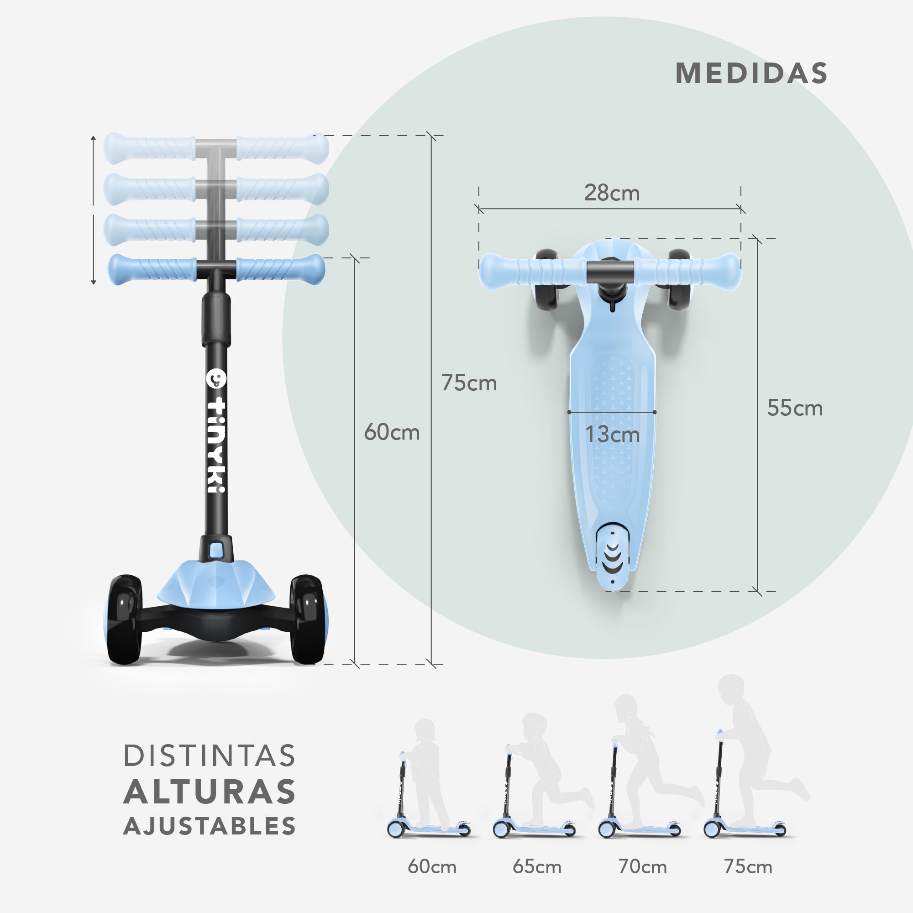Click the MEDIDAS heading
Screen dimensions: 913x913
(x=751, y=73)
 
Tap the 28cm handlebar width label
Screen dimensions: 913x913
(x=612, y=193)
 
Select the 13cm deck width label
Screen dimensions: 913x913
(x=613, y=434)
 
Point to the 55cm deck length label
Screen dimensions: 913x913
(x=795, y=408)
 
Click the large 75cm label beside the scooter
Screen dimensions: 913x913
(x=469, y=383)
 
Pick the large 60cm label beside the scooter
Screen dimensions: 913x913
(x=392, y=432)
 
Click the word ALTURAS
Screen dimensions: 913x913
(x=210, y=792)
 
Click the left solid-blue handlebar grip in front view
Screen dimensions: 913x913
(x=152, y=269)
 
